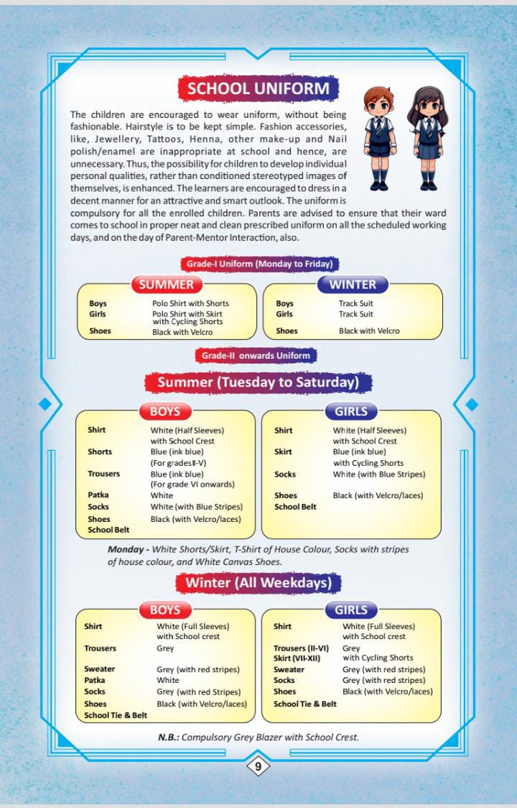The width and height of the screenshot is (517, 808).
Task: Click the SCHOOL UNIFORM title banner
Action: [258, 88]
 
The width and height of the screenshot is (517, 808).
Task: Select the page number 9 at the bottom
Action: [258, 766]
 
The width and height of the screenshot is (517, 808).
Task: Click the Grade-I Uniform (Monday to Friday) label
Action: [258, 264]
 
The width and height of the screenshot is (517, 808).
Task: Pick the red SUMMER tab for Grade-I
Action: [167, 284]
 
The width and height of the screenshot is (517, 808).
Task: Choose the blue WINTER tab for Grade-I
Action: [353, 284]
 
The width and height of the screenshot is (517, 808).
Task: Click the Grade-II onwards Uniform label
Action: [256, 355]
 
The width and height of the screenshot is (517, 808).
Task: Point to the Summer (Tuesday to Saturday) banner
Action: [258, 382]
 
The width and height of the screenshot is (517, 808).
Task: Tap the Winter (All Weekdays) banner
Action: [258, 582]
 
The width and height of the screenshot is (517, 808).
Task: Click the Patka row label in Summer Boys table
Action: [98, 495]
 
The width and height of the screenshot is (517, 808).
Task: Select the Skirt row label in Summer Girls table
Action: [282, 452]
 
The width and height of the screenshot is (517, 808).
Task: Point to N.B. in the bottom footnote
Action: [168, 737]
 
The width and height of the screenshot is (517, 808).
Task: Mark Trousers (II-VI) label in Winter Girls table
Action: [301, 648]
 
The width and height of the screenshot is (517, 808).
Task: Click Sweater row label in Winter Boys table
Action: [99, 669]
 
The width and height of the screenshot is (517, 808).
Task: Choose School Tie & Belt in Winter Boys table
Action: [116, 715]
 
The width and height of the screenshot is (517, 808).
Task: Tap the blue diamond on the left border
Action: [45, 404]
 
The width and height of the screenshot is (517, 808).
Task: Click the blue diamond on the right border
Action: [472, 404]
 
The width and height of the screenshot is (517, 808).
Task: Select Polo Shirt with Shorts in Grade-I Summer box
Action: [190, 303]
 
